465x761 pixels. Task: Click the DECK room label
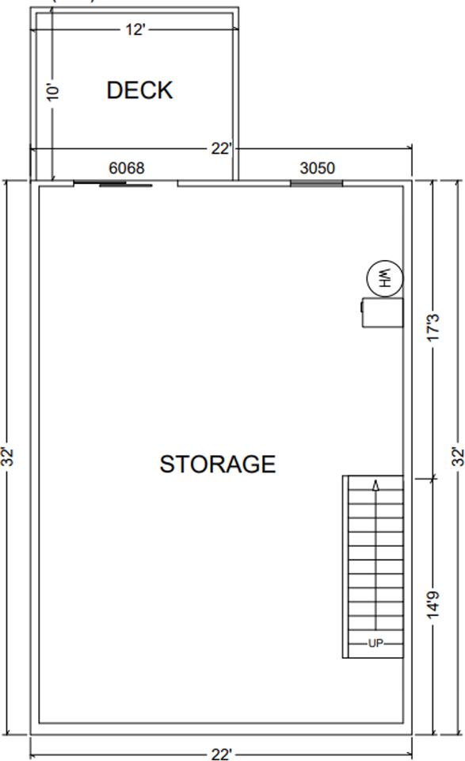click(x=139, y=90)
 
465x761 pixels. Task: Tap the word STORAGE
click(x=218, y=464)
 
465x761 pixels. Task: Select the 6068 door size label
click(x=126, y=168)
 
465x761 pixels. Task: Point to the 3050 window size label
click(x=317, y=168)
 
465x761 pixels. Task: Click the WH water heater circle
click(x=385, y=278)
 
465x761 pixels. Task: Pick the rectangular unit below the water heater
click(x=383, y=312)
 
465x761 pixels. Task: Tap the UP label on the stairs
click(x=375, y=643)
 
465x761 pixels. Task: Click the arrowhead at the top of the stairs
click(x=375, y=484)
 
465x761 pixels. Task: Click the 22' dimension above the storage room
click(x=221, y=148)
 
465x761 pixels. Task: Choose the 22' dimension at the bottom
click(x=221, y=754)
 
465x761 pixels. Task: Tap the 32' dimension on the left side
click(x=9, y=457)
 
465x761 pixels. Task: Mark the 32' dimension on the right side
click(x=456, y=457)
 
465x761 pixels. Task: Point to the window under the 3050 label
click(x=316, y=183)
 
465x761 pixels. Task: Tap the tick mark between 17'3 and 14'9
click(x=433, y=477)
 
